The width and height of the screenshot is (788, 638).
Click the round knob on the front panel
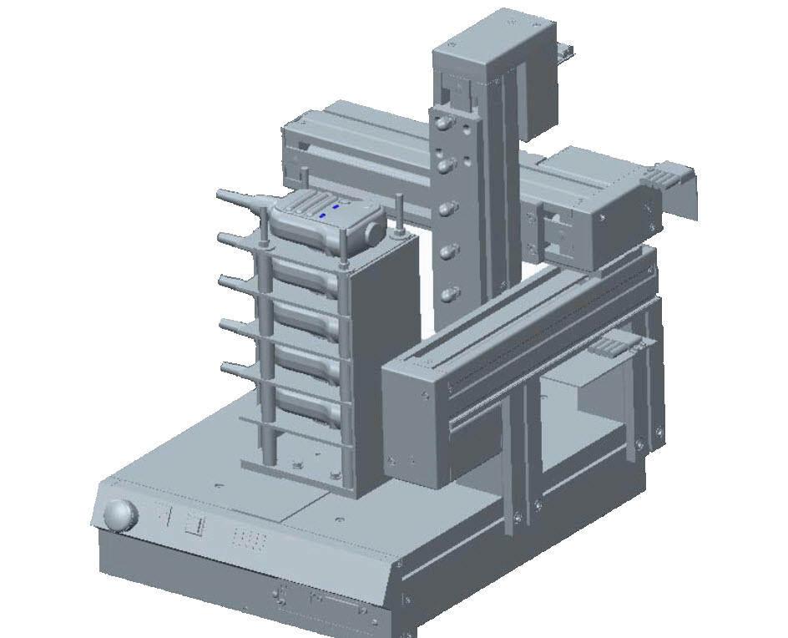coord(119,514)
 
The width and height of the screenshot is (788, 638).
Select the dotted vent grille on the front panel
coord(250,539)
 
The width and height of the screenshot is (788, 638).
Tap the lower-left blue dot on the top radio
coord(323,215)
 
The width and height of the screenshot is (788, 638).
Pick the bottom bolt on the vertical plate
coord(450,293)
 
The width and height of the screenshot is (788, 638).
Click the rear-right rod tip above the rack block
coord(400,203)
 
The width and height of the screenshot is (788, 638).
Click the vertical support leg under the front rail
coord(514,468)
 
